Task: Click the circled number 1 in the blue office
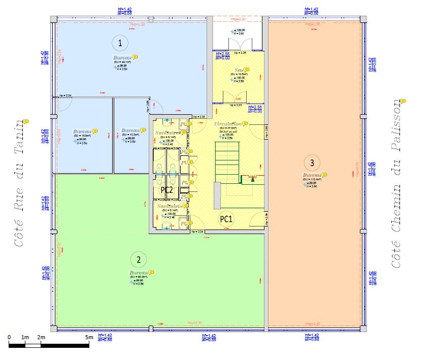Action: tap(119, 42)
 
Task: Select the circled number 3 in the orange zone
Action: tap(312, 162)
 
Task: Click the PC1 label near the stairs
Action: tap(226, 219)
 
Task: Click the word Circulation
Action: tap(227, 124)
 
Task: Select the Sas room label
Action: tap(239, 70)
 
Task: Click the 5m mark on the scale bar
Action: tap(89, 337)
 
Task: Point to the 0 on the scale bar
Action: tap(10, 337)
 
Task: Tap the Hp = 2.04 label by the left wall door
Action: tap(65, 95)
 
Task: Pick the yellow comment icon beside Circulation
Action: tap(245, 123)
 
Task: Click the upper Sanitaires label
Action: tap(166, 133)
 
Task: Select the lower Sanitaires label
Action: tap(169, 207)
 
